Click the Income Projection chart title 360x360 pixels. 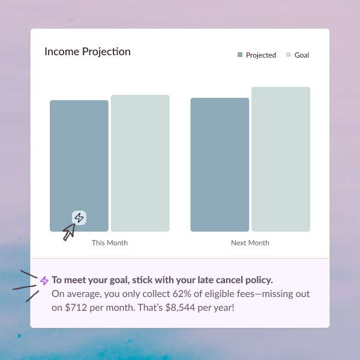coord(88,52)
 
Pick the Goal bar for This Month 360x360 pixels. coord(140,163)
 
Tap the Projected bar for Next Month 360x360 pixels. coord(220,164)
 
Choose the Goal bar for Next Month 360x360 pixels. coord(281,159)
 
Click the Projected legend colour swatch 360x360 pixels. coord(240,55)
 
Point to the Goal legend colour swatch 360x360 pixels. coord(289,55)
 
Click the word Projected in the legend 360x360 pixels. coord(261,55)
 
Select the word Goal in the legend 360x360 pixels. coord(302,55)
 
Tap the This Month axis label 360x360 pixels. coord(110,243)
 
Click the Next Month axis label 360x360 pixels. coord(250,243)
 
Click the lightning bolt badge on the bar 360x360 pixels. coord(79,218)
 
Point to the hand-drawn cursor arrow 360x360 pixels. coord(68,232)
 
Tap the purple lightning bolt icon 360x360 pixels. coord(44,280)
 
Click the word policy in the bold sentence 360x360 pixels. coord(258,280)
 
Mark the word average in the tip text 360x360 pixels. coord(81,294)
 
